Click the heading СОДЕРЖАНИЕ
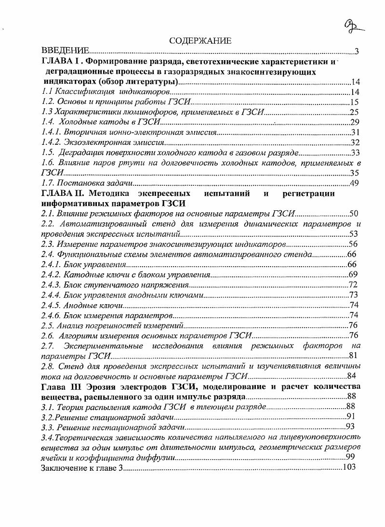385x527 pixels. point(200,41)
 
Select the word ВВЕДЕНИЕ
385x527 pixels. point(65,51)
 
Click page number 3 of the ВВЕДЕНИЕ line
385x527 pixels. point(356,51)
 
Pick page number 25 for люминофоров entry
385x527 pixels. point(355,112)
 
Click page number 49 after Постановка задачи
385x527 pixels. point(355,183)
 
